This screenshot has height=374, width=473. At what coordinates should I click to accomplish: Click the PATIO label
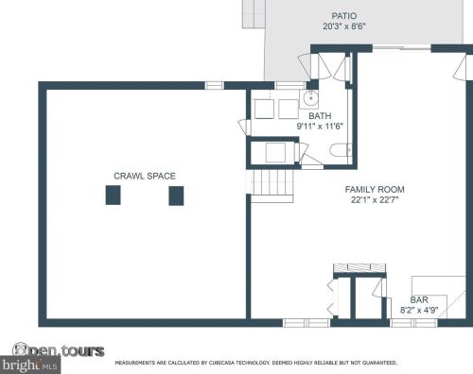pyautogui.click(x=343, y=16)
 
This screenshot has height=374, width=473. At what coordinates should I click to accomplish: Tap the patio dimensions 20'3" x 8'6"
pyautogui.click(x=343, y=26)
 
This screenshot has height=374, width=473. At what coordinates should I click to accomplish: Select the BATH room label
pyautogui.click(x=319, y=115)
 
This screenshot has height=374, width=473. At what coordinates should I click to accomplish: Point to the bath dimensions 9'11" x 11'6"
pyautogui.click(x=319, y=126)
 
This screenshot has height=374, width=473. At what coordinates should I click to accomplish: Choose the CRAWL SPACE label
pyautogui.click(x=145, y=176)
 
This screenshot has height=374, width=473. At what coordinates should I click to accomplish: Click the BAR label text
pyautogui.click(x=418, y=298)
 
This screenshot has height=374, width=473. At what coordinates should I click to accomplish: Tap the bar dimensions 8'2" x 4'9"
pyautogui.click(x=418, y=309)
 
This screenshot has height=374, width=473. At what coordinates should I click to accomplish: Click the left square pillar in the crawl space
pyautogui.click(x=113, y=195)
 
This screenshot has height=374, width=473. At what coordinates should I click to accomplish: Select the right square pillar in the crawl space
pyautogui.click(x=175, y=195)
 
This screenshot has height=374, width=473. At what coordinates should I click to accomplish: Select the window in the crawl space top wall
pyautogui.click(x=215, y=85)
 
